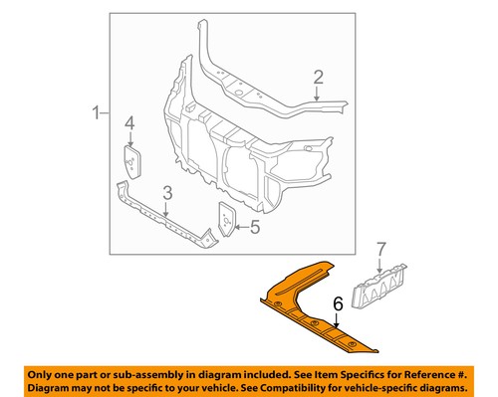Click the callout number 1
(96, 112)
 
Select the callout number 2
(318, 78)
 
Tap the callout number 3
(167, 193)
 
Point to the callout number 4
(129, 123)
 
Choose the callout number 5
(255, 227)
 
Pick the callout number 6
(338, 303)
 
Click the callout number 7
(380, 249)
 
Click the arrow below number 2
(317, 94)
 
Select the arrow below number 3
(166, 209)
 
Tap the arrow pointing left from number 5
(241, 227)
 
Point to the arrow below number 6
(337, 320)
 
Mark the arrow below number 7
(379, 266)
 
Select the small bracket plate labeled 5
(227, 219)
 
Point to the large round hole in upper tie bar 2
(239, 93)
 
